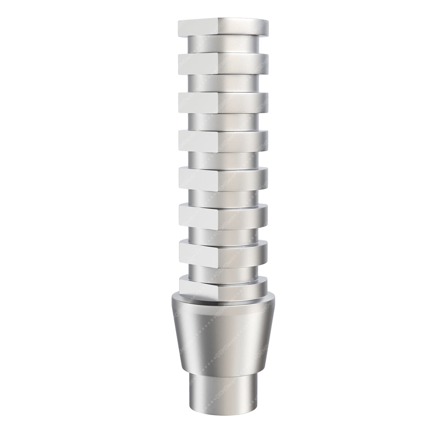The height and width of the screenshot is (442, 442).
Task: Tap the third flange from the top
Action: (x=223, y=102)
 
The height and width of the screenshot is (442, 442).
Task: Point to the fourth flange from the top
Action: (x=223, y=141)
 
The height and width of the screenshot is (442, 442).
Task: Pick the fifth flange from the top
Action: (x=223, y=178)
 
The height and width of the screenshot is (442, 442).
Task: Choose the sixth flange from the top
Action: (x=223, y=215)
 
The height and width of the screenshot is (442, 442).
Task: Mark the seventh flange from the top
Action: (x=223, y=252)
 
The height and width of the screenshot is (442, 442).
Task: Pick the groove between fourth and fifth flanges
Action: (x=223, y=160)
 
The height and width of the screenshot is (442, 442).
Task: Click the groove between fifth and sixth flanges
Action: (x=223, y=197)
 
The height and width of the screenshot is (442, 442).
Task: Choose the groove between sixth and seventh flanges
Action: (x=223, y=234)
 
